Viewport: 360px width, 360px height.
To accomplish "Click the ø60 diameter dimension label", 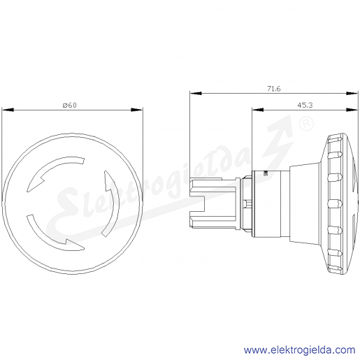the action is click(70, 106).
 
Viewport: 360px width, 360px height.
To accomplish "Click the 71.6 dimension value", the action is click(274, 89).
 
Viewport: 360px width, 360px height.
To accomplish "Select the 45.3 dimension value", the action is click(305, 106).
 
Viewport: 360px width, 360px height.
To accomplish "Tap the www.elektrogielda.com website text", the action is click(300, 350).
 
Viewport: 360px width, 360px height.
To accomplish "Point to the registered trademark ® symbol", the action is click(306, 124).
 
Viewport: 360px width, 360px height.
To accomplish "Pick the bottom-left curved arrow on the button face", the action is click(50, 236).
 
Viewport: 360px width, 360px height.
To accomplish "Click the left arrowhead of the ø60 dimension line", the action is click(8, 110).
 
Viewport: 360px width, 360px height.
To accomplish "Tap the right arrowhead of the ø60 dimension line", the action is click(137, 110).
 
